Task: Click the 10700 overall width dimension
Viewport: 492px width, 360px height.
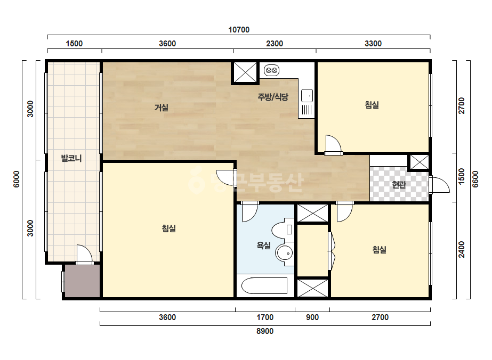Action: point(239,30)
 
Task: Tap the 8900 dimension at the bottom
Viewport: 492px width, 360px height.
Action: point(265,331)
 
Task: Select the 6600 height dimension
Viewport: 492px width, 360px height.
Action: point(475,179)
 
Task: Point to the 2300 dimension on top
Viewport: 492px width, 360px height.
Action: point(275,44)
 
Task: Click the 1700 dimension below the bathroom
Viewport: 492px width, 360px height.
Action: point(265,317)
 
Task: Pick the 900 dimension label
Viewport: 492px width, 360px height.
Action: point(312,317)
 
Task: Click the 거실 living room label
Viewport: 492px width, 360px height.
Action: point(162,108)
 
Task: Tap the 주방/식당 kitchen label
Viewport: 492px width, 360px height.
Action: point(273,97)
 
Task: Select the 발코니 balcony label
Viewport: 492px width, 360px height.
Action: point(71,158)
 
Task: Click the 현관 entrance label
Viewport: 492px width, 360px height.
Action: point(399,185)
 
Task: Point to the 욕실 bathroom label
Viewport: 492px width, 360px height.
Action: point(263,245)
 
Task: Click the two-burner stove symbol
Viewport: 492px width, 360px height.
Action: point(271,70)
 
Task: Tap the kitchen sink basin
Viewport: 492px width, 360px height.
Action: point(307,95)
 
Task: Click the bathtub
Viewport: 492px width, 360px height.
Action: point(264,285)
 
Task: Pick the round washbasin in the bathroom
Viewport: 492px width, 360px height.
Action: point(284,252)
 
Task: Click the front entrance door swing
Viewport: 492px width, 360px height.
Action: point(440,185)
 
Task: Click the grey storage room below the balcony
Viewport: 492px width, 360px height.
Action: point(82,281)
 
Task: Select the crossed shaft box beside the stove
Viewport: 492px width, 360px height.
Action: point(245,73)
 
